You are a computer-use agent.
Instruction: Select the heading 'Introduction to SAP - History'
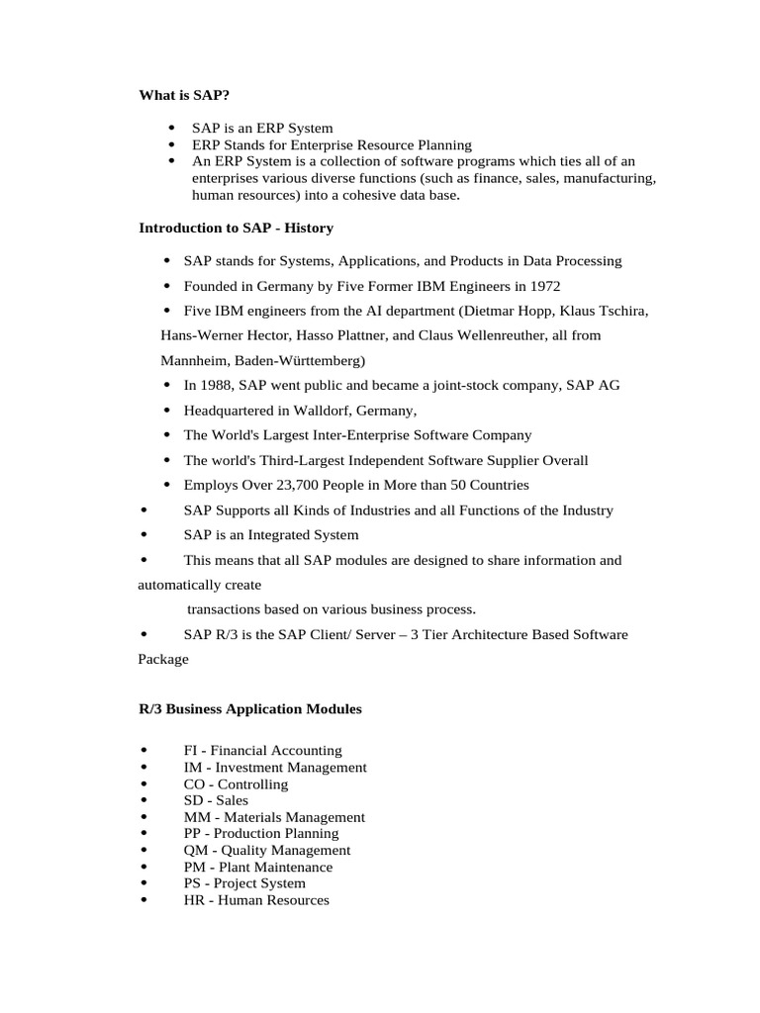tap(236, 228)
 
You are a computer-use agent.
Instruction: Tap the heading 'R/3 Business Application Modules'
tap(249, 709)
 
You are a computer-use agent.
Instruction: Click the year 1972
tap(544, 286)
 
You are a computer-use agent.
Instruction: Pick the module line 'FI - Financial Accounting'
tap(262, 751)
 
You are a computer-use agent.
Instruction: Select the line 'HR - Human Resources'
tap(256, 900)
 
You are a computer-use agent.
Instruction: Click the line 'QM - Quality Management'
tap(266, 850)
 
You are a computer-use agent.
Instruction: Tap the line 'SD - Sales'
tap(216, 800)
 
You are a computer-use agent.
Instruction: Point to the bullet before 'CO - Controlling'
tap(144, 784)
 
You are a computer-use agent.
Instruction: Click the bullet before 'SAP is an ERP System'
tap(172, 128)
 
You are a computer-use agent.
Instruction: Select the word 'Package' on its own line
tap(162, 659)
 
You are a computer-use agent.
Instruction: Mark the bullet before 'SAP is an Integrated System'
tap(144, 535)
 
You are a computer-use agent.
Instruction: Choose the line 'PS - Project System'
tap(244, 883)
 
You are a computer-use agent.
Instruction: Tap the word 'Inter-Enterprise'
tap(344, 435)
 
